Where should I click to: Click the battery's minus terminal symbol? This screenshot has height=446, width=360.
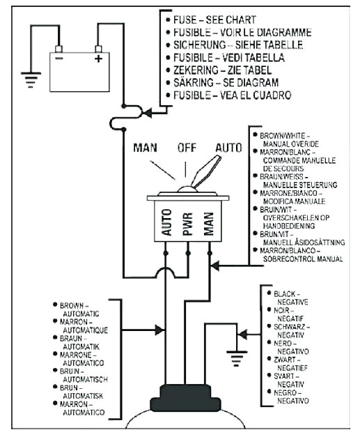coord(59,59)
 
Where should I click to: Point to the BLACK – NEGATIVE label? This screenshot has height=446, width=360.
coord(290,298)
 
